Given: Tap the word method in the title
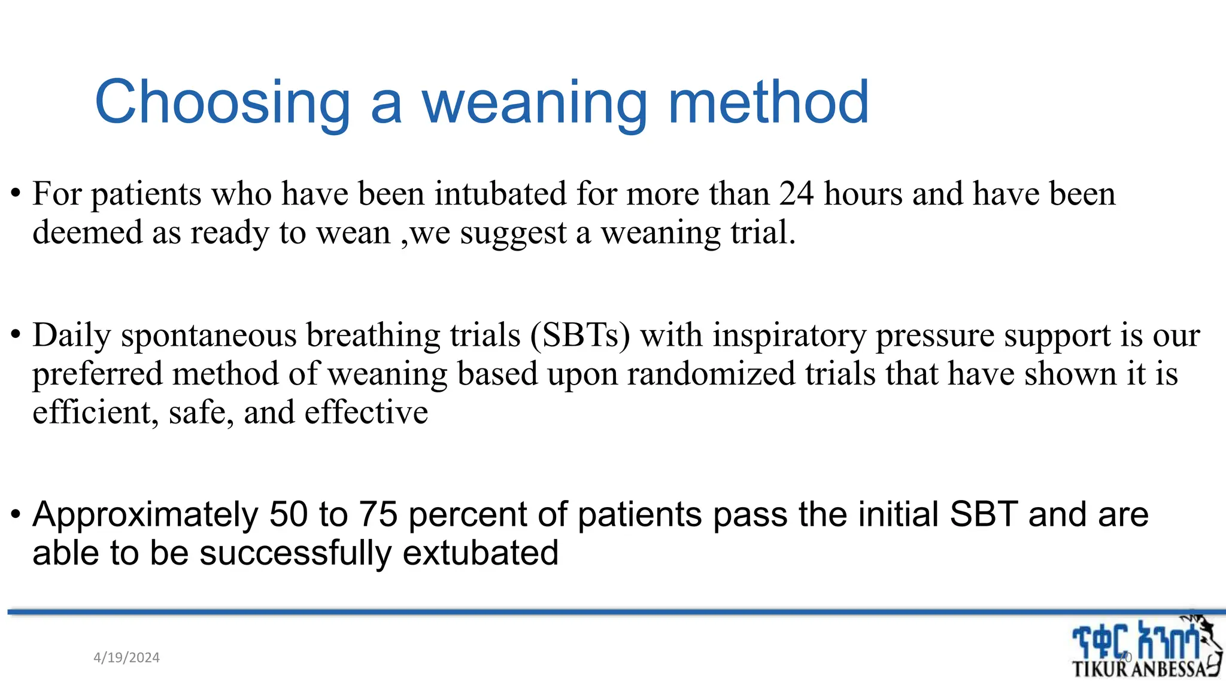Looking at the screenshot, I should tap(768, 103).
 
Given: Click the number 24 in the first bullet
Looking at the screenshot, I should tap(796, 194).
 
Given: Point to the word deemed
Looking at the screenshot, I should tap(87, 233).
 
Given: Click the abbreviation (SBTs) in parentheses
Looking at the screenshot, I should tap(580, 335).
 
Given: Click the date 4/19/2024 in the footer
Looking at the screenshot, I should tap(126, 658).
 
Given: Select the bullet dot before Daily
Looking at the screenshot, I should tap(16, 336).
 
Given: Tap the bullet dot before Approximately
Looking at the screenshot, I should tap(16, 515).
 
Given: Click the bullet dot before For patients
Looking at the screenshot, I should tap(16, 194).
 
